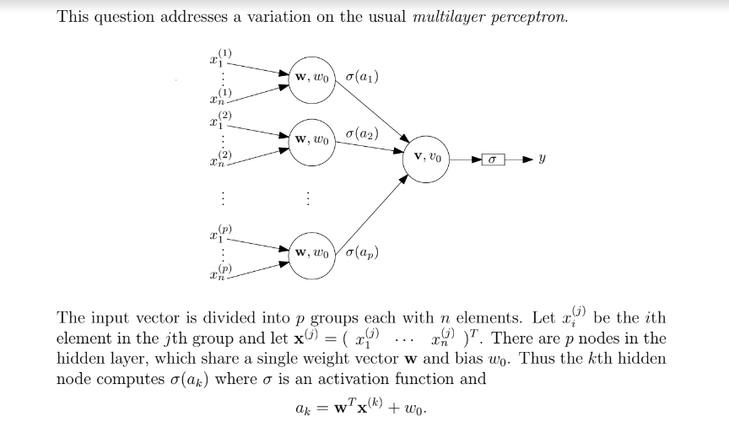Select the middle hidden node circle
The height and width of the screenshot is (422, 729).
coord(311,138)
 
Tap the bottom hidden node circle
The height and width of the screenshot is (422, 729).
coord(311,253)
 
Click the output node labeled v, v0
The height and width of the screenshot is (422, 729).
coord(429,156)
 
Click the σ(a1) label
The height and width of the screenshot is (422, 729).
coord(362,77)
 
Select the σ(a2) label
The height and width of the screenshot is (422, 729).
coord(362,134)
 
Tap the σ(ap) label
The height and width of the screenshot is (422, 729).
coord(363,252)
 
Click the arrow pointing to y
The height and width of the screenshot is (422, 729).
coord(521,158)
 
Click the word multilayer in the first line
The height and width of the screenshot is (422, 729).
coord(445,19)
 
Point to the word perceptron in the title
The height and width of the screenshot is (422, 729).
coord(530,19)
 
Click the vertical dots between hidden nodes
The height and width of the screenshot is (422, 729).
coord(309,199)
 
